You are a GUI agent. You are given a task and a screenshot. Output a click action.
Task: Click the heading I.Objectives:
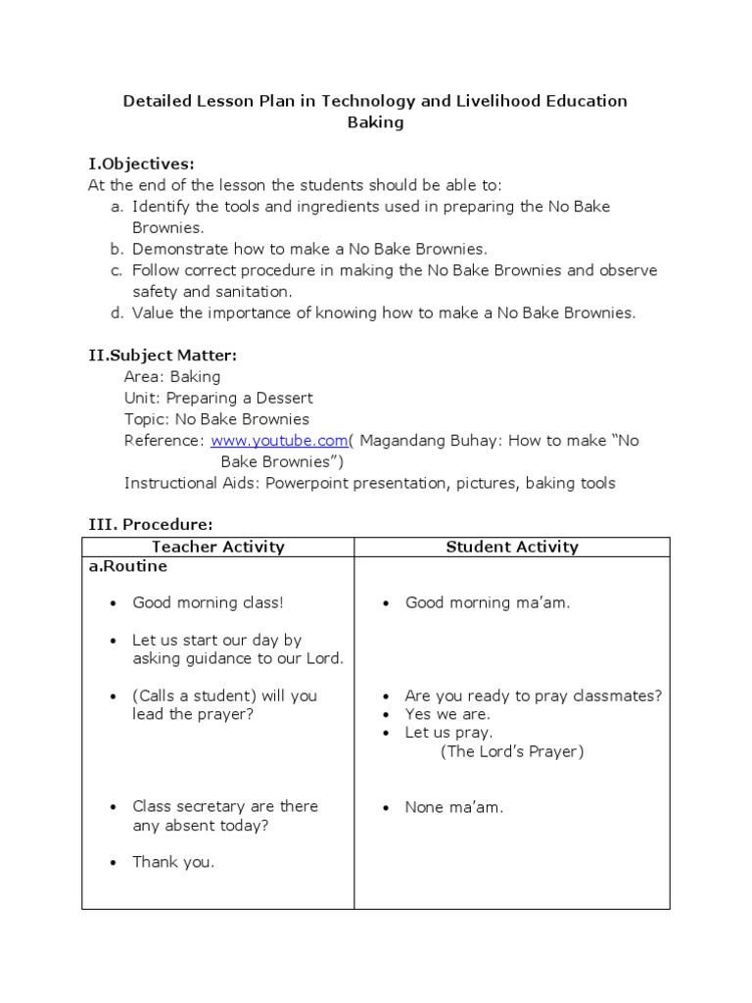tap(141, 163)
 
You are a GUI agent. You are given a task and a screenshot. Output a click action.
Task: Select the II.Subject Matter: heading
tap(163, 355)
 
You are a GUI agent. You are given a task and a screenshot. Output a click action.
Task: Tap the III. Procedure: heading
tap(150, 525)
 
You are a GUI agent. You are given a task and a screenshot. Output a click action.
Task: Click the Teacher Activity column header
tap(217, 548)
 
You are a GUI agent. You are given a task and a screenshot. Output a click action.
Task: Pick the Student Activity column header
tap(512, 548)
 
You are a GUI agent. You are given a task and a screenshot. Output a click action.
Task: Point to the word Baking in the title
tap(375, 123)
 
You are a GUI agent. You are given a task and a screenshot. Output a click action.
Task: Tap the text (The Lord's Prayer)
tap(511, 751)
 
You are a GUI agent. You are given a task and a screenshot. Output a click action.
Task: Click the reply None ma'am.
tap(454, 807)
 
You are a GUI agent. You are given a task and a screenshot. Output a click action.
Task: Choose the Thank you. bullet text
tap(173, 863)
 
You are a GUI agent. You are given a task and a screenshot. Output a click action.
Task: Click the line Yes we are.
tap(447, 714)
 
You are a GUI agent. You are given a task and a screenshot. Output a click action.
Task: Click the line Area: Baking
tap(172, 376)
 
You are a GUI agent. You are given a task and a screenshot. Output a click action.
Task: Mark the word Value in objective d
tap(152, 313)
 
